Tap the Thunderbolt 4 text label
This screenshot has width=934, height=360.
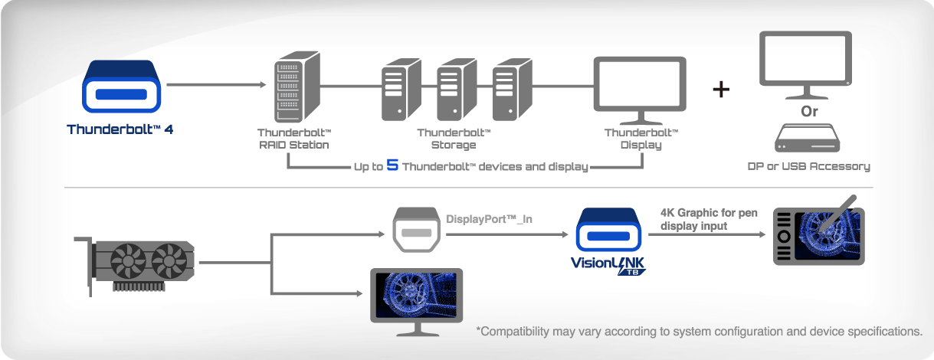pyautogui.click(x=120, y=129)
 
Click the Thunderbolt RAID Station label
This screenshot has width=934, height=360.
pyautogui.click(x=293, y=139)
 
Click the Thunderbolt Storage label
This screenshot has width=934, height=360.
pyautogui.click(x=454, y=139)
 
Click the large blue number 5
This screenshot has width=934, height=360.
pyautogui.click(x=392, y=165)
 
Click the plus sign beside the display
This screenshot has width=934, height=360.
pyautogui.click(x=721, y=89)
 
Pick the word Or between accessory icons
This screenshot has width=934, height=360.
pyautogui.click(x=809, y=111)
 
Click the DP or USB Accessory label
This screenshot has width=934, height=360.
pyautogui.click(x=809, y=165)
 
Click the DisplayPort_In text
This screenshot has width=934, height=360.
pyautogui.click(x=489, y=219)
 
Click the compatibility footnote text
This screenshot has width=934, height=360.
pyautogui.click(x=699, y=332)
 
